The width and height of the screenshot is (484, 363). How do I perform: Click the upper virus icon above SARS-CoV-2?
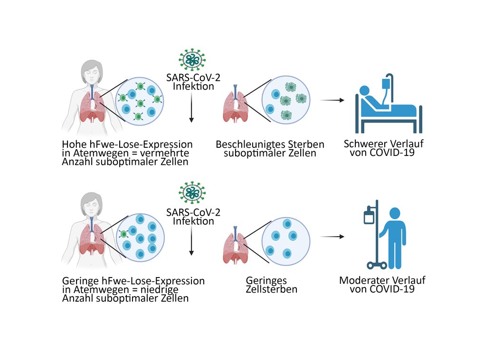[192, 59]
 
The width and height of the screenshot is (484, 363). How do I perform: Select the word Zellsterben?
[271, 289]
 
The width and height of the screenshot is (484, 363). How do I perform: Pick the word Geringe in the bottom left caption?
[78, 281]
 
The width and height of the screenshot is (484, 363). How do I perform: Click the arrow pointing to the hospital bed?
[332, 101]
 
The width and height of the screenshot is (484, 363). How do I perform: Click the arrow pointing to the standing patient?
[332, 236]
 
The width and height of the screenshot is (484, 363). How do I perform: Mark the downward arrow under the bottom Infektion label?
[191, 242]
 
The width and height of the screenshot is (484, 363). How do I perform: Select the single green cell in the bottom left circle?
[124, 234]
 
